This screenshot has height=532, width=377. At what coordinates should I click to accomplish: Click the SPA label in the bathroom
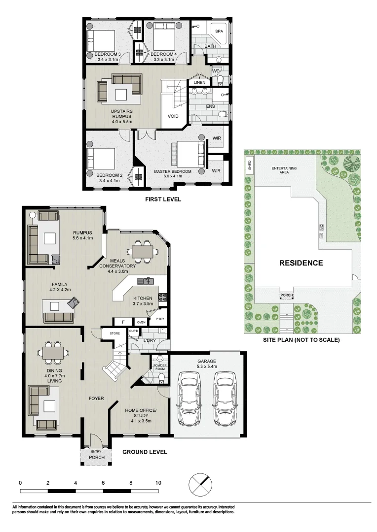pos(220,31)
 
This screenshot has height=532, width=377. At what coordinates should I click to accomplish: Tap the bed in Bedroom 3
pos(101,39)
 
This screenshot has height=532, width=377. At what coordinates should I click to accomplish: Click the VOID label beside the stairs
pos(173,117)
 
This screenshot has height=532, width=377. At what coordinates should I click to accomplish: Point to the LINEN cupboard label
pos(199,82)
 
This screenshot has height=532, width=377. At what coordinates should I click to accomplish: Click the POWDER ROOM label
pos(159,367)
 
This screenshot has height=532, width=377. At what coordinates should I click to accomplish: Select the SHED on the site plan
pos(250,164)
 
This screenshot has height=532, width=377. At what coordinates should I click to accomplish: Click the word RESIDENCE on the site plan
pos(301,263)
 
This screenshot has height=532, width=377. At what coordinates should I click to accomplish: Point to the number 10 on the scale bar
pos(158,483)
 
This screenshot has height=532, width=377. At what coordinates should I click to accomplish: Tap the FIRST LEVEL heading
pos(163,199)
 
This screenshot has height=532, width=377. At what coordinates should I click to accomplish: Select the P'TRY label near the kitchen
pos(159,319)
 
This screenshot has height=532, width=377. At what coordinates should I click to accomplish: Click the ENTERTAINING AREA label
pos(284,170)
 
